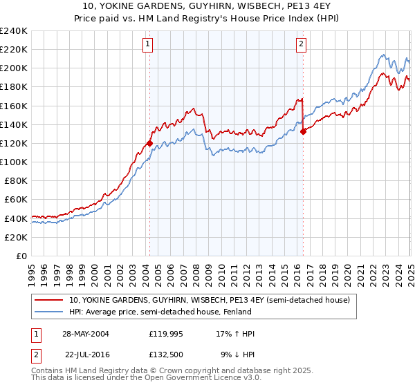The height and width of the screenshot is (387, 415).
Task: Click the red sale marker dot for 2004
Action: pyautogui.click(x=149, y=143)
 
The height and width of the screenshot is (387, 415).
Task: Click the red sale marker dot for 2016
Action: pyautogui.click(x=303, y=131)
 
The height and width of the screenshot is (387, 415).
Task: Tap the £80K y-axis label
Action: pyautogui.click(x=16, y=180)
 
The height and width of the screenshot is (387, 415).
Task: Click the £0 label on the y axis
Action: pyautogui.click(x=21, y=256)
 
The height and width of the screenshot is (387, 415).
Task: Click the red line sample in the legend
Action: pyautogui.click(x=50, y=300)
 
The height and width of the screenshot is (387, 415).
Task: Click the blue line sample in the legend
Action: pyautogui.click(x=50, y=312)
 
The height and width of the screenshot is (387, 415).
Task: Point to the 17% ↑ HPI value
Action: pyautogui.click(x=235, y=334)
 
